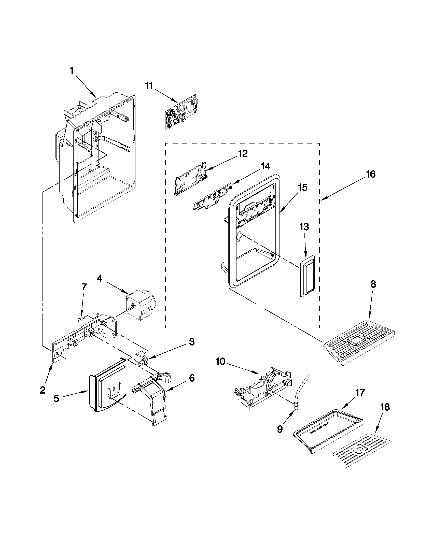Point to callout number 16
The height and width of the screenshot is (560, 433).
point(371,174)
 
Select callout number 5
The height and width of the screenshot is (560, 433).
point(56,398)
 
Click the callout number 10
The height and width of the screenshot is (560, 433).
point(220,362)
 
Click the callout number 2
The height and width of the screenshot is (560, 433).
point(43,390)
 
